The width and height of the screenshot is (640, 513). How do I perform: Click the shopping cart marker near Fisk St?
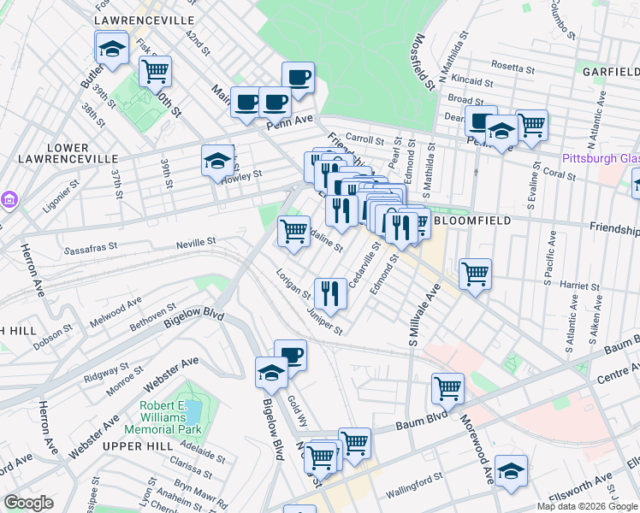click(x=155, y=71)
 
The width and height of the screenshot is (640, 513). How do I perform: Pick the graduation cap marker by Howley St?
click(x=217, y=160)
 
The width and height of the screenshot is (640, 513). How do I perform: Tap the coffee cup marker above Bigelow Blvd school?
click(x=290, y=354)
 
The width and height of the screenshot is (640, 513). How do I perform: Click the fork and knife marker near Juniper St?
click(x=329, y=293)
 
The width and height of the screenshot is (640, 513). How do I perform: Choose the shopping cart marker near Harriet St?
click(x=475, y=274)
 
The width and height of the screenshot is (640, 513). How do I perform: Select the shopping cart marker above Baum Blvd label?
click(x=447, y=388)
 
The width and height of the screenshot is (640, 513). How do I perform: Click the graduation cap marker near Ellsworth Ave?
click(x=511, y=470)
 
